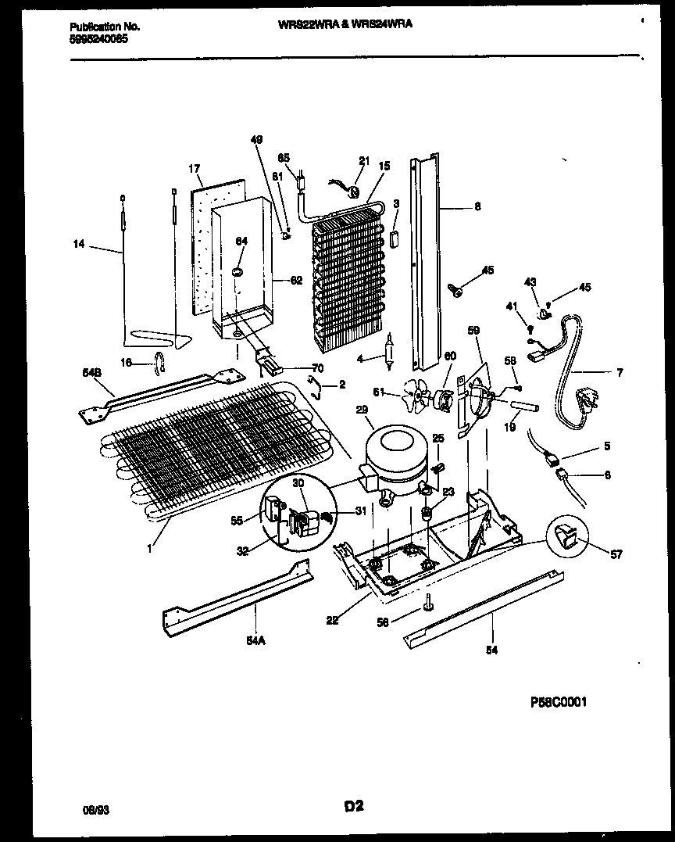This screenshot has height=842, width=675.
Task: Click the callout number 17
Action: (x=195, y=168)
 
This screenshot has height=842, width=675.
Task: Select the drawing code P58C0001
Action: (x=558, y=702)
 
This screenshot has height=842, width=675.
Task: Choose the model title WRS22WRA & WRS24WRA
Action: (x=345, y=24)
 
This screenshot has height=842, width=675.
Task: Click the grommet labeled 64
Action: (x=237, y=271)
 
